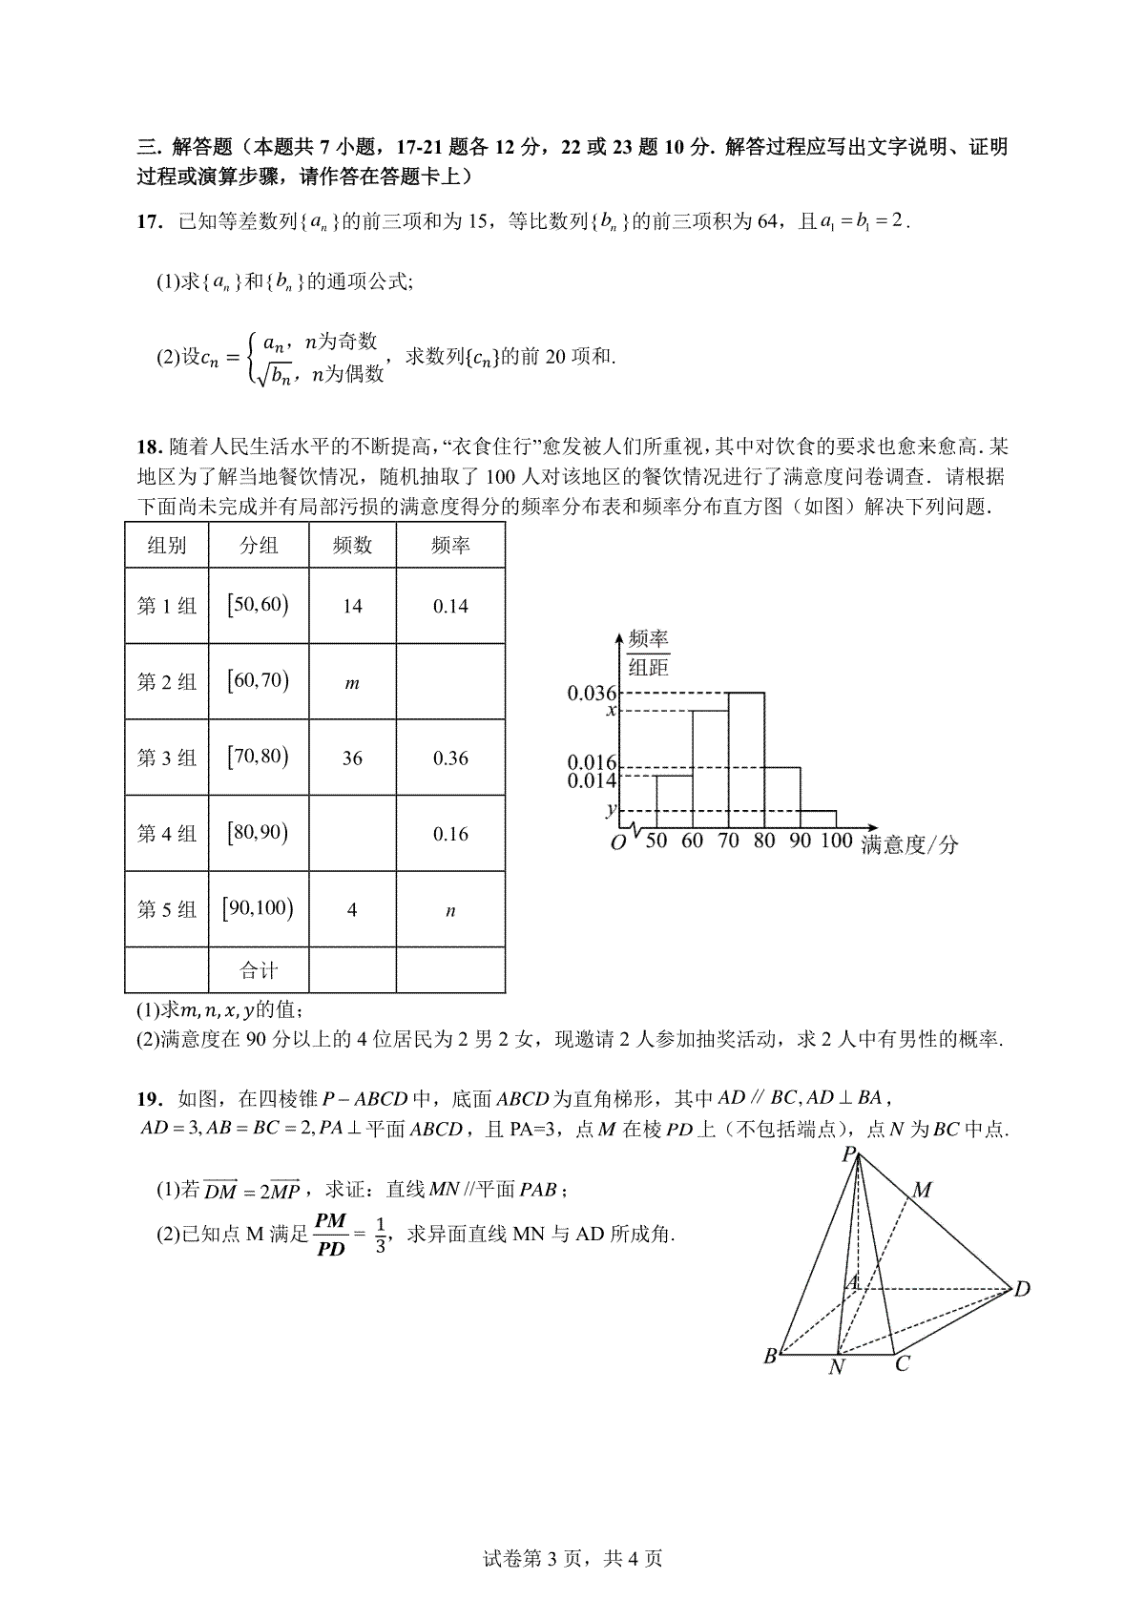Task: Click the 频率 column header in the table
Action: tap(450, 546)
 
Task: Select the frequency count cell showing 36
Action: tap(352, 758)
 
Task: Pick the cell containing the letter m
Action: tap(352, 683)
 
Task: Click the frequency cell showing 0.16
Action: tap(450, 834)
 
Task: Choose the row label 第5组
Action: tap(167, 909)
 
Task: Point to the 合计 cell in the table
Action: tap(259, 971)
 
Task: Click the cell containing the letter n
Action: tap(450, 911)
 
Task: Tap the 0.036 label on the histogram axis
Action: tap(593, 694)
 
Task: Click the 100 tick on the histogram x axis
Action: tap(836, 841)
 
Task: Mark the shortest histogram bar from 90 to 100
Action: tap(818, 820)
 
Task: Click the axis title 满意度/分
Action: tap(909, 844)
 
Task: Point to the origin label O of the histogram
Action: tap(617, 843)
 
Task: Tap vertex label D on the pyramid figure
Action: tap(1022, 1290)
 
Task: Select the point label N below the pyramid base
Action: tap(837, 1367)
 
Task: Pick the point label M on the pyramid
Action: tap(922, 1190)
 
